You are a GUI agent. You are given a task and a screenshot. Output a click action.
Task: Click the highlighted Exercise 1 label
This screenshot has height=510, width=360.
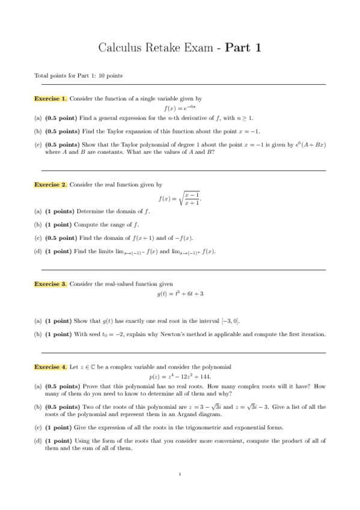[x=50, y=98]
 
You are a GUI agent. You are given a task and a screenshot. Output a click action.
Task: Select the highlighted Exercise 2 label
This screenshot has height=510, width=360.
[x=50, y=185]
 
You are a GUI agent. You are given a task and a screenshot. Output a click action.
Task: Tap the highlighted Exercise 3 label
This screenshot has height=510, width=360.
[x=50, y=283]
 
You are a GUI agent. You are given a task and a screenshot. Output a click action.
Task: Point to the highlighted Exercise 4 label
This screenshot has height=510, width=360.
[x=50, y=366]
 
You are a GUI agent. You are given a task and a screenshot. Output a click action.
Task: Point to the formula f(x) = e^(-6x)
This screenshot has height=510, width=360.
[x=180, y=108]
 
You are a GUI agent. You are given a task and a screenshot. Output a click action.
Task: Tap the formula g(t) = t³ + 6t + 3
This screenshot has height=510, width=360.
[x=180, y=293]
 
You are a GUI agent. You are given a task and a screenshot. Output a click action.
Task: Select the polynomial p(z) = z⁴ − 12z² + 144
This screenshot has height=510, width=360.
[x=180, y=376]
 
